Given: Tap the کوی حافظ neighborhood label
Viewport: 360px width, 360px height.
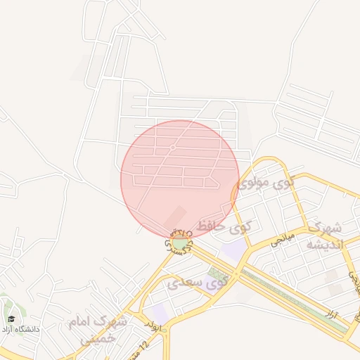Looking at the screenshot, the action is pos(224,226).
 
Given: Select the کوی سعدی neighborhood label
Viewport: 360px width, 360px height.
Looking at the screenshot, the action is pos(198,283).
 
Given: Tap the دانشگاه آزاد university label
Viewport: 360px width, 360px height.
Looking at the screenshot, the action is pos(21,328).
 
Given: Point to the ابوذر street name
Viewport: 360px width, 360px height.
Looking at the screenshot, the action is pos(153,325).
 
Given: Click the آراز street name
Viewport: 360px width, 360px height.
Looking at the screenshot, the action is pos(342,316).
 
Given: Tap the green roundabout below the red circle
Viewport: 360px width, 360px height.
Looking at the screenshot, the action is pos(181,243).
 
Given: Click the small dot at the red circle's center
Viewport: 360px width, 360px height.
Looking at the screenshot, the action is pos(173,148).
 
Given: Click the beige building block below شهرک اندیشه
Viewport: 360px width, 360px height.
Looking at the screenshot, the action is pos(333,276).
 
